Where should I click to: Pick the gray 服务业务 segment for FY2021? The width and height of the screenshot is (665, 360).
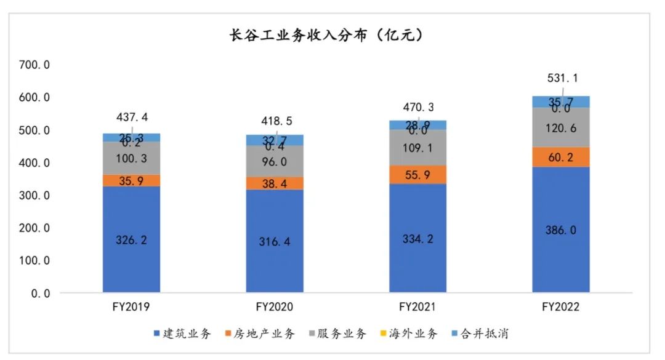tap(418, 148)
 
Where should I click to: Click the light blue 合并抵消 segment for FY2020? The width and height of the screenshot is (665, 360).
tap(275, 140)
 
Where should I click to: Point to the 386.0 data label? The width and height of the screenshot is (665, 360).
tap(561, 230)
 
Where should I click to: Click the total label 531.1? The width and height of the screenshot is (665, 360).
tap(562, 78)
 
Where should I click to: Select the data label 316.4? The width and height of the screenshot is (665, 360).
tap(275, 241)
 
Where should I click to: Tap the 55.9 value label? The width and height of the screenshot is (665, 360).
tap(418, 175)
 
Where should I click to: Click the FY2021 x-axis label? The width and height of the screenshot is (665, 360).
tap(417, 306)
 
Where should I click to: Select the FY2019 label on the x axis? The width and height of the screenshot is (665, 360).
tap(132, 306)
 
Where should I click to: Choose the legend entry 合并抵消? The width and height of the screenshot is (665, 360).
tap(489, 334)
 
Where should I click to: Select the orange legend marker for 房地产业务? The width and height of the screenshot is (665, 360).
tap(228, 334)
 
